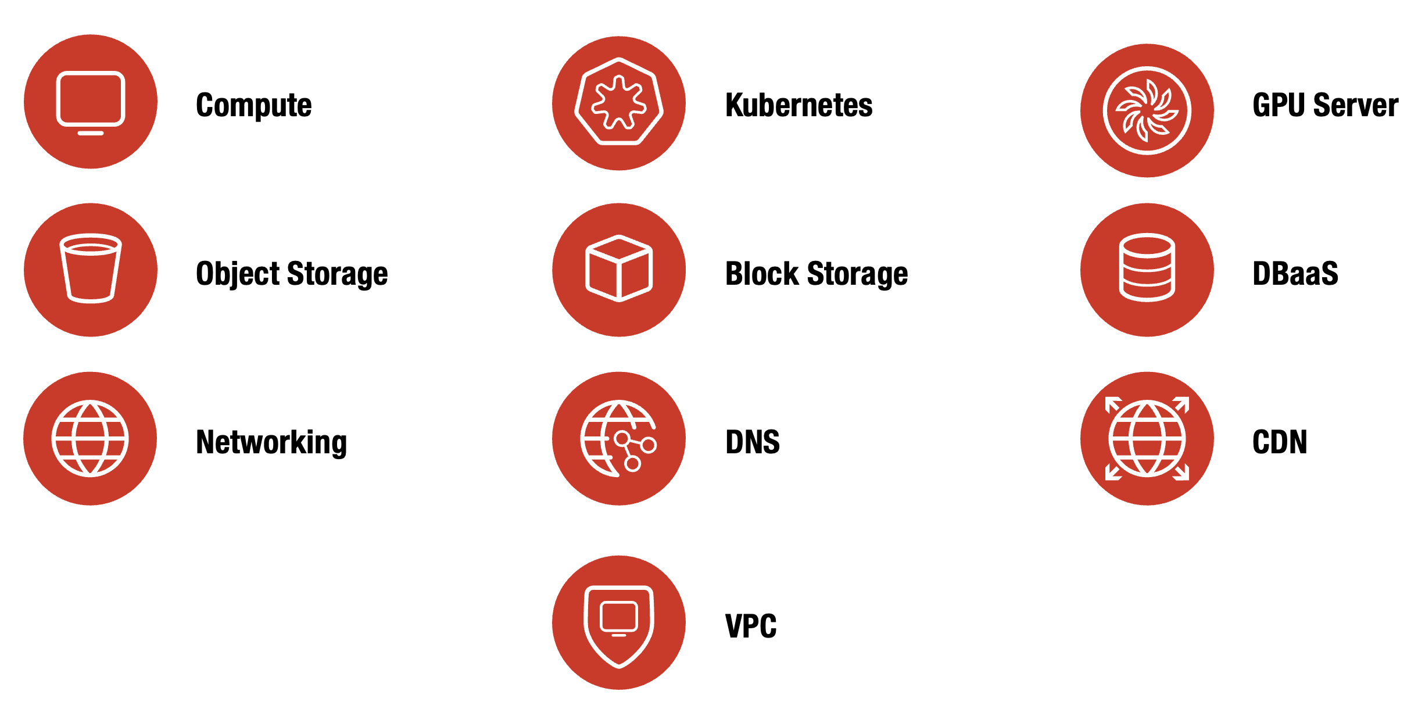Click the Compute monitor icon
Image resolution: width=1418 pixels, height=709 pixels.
click(91, 102)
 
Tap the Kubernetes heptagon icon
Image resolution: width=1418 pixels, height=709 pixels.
click(619, 103)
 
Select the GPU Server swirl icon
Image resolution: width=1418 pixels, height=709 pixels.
click(1147, 110)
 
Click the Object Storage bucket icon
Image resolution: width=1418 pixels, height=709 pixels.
click(91, 270)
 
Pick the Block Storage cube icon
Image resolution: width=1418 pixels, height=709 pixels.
click(619, 270)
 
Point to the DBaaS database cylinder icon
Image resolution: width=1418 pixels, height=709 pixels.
click(1147, 269)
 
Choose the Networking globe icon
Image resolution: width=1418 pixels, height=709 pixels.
click(90, 438)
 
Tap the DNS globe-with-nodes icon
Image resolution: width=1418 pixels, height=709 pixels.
click(619, 438)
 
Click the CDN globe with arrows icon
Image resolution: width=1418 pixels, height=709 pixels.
click(1147, 438)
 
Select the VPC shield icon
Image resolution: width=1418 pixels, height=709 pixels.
click(619, 623)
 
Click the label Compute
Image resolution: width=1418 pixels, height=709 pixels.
click(254, 105)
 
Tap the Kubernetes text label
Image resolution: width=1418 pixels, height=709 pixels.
click(798, 105)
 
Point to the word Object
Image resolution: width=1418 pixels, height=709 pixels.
click(238, 274)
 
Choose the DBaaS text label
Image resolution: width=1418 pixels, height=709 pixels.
click(1295, 274)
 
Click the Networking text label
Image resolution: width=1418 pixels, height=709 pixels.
click(271, 442)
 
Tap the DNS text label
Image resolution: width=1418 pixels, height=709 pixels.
click(753, 442)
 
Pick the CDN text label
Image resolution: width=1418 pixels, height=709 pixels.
click(1280, 442)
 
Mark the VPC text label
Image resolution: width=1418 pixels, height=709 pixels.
click(751, 626)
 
